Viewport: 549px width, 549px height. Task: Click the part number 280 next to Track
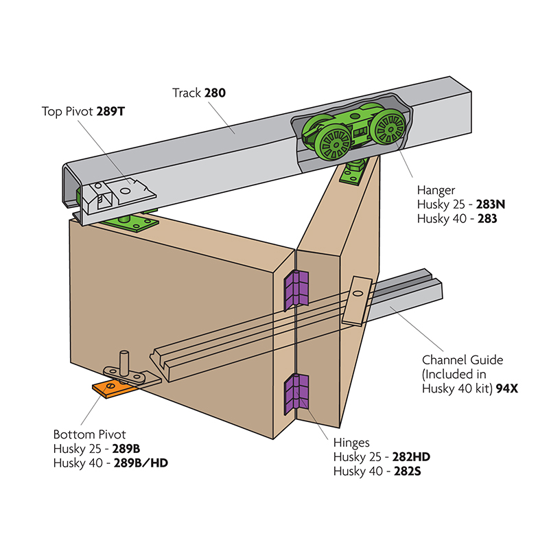pyautogui.click(x=215, y=92)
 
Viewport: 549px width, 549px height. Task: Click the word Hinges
pyautogui.click(x=352, y=443)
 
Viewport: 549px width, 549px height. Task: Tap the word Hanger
pyautogui.click(x=436, y=189)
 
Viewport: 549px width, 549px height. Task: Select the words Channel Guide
pyautogui.click(x=463, y=360)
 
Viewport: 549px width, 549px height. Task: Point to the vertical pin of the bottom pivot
pyautogui.click(x=124, y=361)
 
